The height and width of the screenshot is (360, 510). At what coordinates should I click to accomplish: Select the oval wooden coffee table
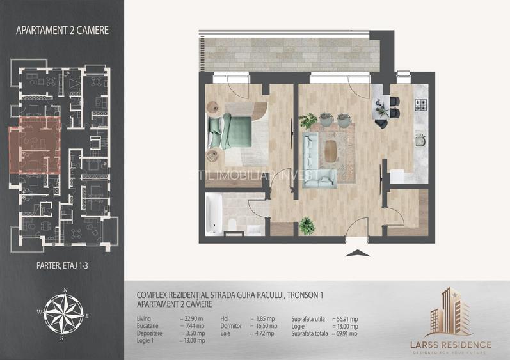point(331,152)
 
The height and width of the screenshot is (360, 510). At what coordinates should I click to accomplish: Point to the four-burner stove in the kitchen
point(422,104)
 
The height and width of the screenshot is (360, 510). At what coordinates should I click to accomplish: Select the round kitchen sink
point(420,134)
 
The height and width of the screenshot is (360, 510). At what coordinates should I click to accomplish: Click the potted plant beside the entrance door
point(307,224)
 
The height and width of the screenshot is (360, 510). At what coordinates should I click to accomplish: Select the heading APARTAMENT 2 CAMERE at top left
point(61,29)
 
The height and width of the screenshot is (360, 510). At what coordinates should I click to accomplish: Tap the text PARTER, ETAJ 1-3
point(61,262)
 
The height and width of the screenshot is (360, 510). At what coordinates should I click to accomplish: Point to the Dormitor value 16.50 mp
point(264,325)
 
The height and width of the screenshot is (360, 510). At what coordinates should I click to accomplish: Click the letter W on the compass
point(40,312)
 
